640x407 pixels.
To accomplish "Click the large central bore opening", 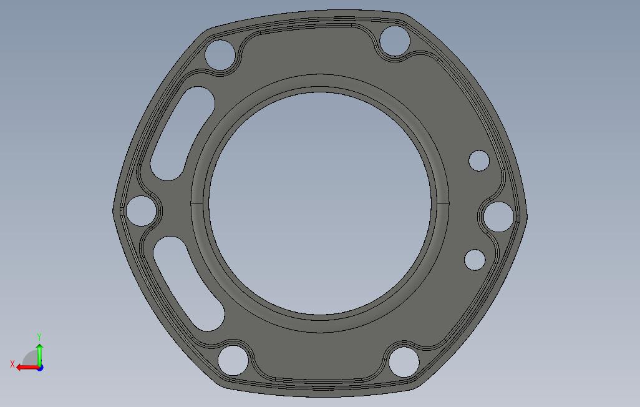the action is pyautogui.click(x=320, y=203).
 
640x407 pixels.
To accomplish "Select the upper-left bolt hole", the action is pyautogui.click(x=220, y=55).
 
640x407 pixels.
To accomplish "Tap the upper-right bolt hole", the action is pyautogui.click(x=395, y=41).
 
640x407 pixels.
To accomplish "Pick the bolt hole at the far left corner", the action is pyautogui.click(x=141, y=211).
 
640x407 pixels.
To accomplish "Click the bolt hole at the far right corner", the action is pyautogui.click(x=498, y=217).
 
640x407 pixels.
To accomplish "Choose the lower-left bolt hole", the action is pyautogui.click(x=233, y=360).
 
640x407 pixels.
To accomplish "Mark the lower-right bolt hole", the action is pyautogui.click(x=404, y=362).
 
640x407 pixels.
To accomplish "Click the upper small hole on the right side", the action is pyautogui.click(x=479, y=160).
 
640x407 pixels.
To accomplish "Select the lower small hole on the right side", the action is pyautogui.click(x=475, y=260).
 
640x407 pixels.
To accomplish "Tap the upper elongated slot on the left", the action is pyautogui.click(x=182, y=134).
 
